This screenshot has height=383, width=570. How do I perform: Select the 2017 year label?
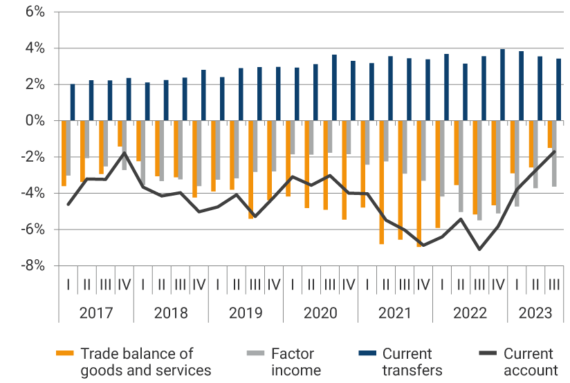(x=96, y=312)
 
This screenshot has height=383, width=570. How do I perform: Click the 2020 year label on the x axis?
(x=320, y=312)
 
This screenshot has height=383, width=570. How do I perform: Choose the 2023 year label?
(x=535, y=312)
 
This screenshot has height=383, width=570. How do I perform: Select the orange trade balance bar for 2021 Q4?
(x=419, y=183)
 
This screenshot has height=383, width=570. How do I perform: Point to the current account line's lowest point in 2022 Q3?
(x=479, y=249)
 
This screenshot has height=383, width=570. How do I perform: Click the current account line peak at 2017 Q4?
(x=125, y=153)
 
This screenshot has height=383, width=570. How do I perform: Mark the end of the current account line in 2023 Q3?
(x=554, y=151)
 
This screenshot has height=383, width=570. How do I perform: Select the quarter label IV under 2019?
(x=274, y=283)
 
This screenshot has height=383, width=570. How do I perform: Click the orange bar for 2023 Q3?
(x=550, y=134)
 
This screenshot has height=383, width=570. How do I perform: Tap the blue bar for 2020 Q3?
(x=334, y=88)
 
